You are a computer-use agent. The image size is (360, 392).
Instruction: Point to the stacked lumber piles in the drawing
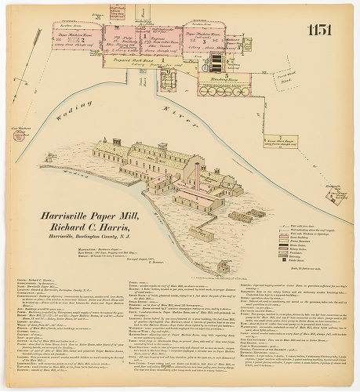[242, 215]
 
